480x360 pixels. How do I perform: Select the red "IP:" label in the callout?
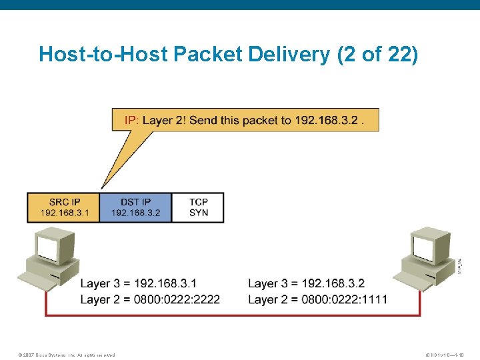coord(132,121)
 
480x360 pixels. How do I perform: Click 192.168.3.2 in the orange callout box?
coord(329,121)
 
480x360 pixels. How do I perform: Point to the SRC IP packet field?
coord(63,207)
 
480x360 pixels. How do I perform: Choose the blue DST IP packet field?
coord(135,207)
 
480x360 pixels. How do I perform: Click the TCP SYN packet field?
coord(198,207)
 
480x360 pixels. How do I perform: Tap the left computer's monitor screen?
coord(48,248)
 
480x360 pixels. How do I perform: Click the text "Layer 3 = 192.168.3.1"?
coord(139,284)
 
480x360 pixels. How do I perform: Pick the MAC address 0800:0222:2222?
coord(177,299)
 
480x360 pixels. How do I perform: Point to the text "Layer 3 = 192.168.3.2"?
coord(307,284)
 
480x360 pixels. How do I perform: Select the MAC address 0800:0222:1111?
coord(344,299)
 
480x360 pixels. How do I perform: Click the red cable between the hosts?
coord(233,314)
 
